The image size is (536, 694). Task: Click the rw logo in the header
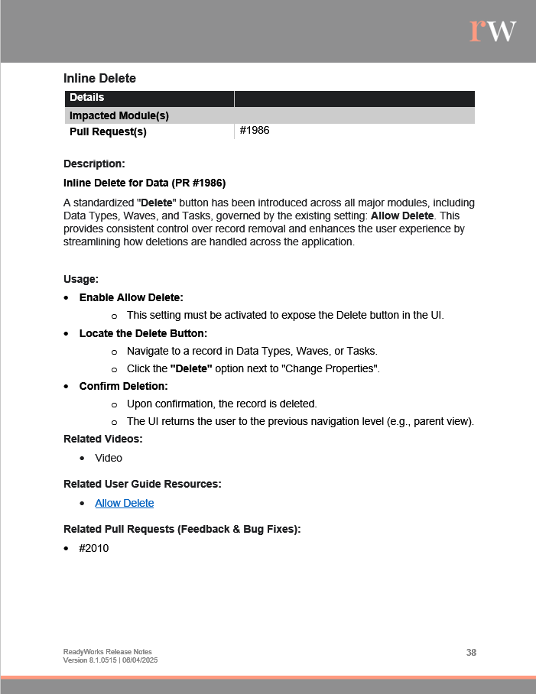click(492, 30)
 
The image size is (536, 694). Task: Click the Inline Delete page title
click(99, 78)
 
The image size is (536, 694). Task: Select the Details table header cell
click(87, 98)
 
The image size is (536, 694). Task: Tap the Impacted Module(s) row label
click(119, 115)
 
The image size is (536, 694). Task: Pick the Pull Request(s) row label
click(108, 131)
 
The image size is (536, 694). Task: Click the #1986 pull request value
click(255, 131)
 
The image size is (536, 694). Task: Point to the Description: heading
click(94, 164)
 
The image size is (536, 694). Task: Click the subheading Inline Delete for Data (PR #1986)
click(145, 183)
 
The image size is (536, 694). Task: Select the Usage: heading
click(81, 280)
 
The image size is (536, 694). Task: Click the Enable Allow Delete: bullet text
click(132, 297)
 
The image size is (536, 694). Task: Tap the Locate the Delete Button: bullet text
click(143, 333)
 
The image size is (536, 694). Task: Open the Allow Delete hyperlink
click(124, 503)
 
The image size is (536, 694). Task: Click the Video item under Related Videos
click(109, 458)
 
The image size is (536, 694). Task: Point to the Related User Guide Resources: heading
click(142, 484)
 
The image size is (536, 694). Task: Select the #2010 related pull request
click(94, 548)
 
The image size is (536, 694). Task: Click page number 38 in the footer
click(471, 652)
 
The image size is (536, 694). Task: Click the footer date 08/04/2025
click(139, 660)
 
